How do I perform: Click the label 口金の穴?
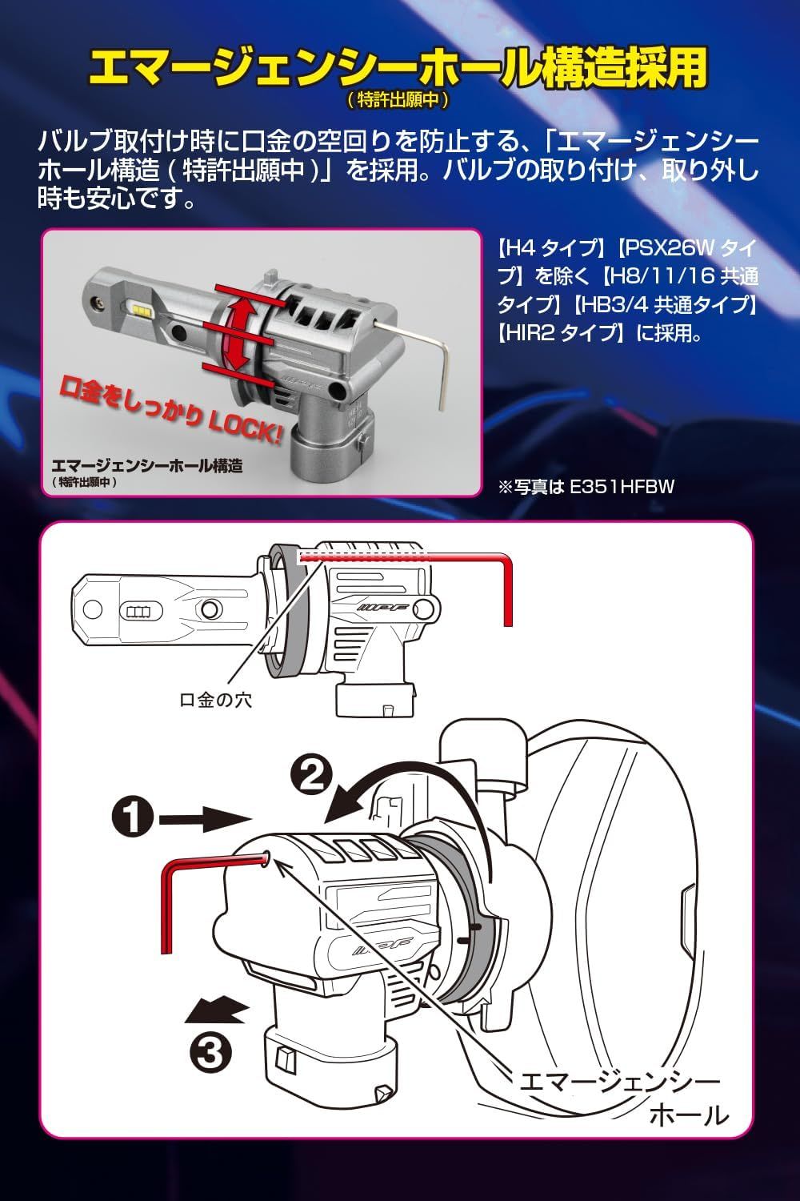[x=215, y=700]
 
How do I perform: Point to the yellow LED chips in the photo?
[x=142, y=310]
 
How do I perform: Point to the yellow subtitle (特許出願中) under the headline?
[x=397, y=100]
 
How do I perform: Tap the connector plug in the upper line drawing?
[x=375, y=699]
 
